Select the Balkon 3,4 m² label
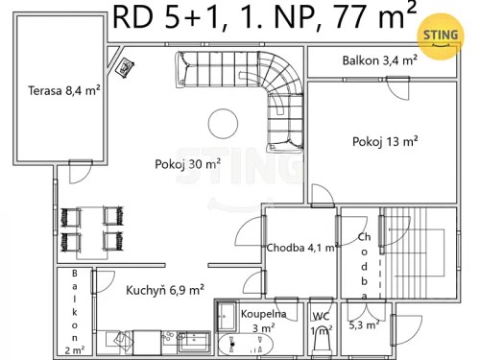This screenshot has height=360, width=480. click(379, 61)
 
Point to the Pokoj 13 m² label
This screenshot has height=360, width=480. click(385, 141)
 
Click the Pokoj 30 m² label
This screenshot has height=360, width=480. click(187, 164)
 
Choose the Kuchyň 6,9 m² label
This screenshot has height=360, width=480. click(164, 288)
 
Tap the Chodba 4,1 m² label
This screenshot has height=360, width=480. click(301, 247)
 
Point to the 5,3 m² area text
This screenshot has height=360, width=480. click(363, 325)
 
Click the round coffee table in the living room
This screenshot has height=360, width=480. click(224, 122)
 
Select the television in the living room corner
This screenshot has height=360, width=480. click(124, 66)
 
